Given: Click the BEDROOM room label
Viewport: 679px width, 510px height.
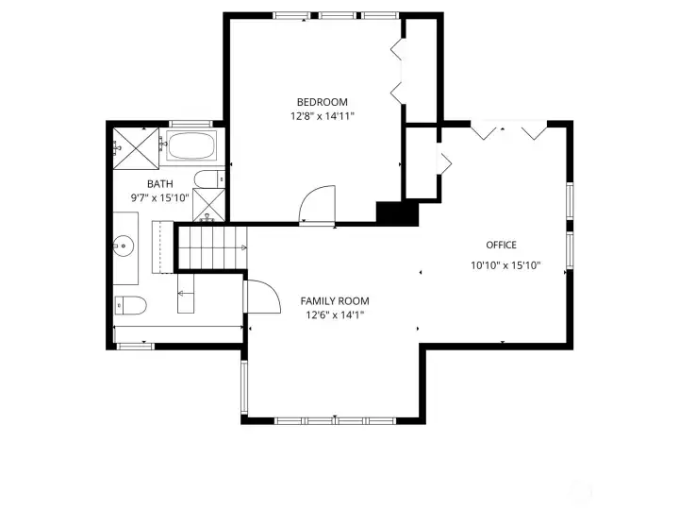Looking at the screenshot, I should point(322,102).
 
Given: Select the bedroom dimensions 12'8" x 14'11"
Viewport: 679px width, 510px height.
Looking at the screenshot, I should point(322,116).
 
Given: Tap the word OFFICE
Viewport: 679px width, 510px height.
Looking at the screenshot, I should point(501,246).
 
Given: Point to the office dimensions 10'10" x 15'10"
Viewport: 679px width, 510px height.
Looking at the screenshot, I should point(505,265).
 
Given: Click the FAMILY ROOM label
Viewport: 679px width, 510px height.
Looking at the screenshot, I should point(335,300).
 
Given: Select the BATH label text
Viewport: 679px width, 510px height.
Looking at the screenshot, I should point(159,184).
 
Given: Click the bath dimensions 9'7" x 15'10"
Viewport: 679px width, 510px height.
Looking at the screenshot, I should point(159,198).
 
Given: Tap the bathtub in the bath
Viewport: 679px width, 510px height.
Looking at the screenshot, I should point(192,146).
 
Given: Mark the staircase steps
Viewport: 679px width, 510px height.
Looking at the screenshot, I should point(212,247).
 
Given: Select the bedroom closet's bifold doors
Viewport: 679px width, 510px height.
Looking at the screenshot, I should point(397,71).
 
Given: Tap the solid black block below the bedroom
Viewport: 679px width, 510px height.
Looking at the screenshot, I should point(396,212).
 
